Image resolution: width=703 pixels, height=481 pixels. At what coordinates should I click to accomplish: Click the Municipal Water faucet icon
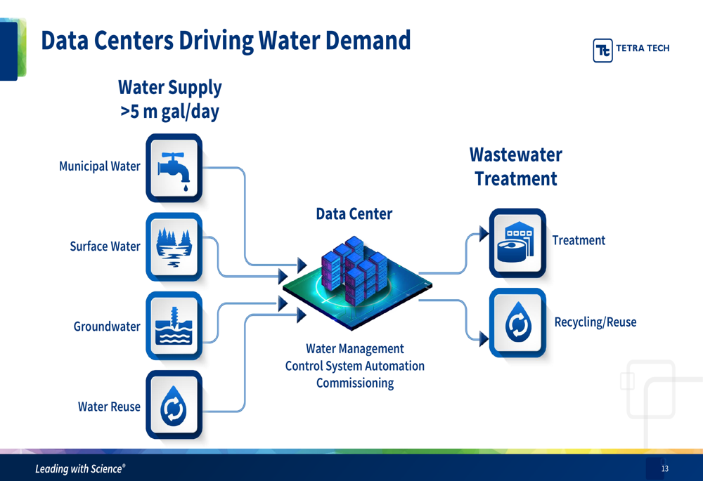[x=174, y=168]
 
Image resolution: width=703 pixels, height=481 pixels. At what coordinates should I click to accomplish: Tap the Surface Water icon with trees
[x=174, y=247]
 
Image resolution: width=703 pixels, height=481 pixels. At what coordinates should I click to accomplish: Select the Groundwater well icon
[x=174, y=327]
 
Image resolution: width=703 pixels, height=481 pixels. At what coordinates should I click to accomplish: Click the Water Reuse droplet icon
[x=174, y=406]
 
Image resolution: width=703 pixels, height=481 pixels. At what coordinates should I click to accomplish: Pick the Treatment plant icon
[x=517, y=243]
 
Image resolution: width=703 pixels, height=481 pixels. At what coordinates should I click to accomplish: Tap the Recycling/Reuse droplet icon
[x=517, y=323]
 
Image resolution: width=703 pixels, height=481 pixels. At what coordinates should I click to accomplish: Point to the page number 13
[x=664, y=468]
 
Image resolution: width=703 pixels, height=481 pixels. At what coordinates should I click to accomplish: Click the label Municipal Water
[x=99, y=166]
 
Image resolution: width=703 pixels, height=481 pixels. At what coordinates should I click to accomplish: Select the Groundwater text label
[x=107, y=327]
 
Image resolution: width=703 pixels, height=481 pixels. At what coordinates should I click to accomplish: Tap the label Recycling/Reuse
[x=595, y=322]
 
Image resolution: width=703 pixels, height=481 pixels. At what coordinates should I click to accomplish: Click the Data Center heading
[x=354, y=214]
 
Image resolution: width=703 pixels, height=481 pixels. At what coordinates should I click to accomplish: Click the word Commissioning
[x=354, y=383]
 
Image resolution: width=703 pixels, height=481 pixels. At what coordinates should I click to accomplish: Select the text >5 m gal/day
[x=169, y=112]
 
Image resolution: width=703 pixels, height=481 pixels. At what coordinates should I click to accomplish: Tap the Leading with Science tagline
[x=80, y=469]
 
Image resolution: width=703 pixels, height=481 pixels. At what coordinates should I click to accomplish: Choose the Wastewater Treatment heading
[x=515, y=166]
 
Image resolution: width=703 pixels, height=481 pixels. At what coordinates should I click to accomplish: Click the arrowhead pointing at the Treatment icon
[x=484, y=234]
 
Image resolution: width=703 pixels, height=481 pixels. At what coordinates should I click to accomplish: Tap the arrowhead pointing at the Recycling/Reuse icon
[x=484, y=338]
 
